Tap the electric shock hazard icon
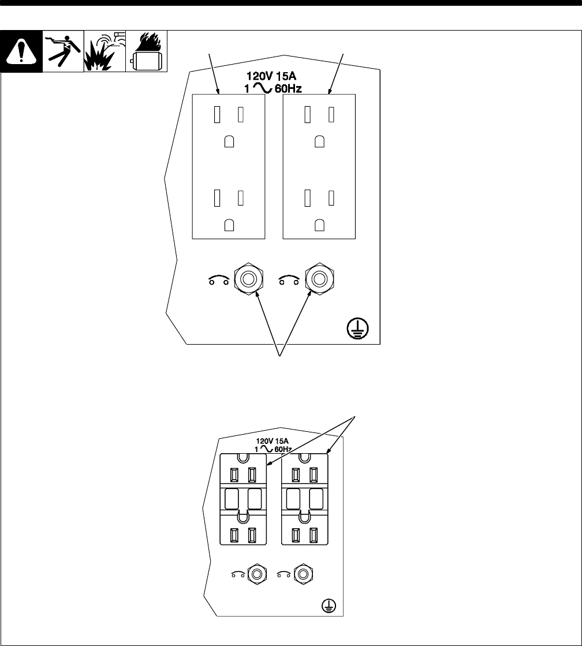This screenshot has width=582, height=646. pyautogui.click(x=63, y=51)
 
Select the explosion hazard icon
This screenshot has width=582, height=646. pyautogui.click(x=105, y=51)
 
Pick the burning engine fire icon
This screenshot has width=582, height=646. pyautogui.click(x=146, y=51)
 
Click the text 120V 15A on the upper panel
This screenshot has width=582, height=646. pyautogui.click(x=271, y=76)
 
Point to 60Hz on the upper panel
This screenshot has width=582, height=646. pyautogui.click(x=288, y=88)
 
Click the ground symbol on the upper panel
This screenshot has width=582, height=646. pyautogui.click(x=358, y=329)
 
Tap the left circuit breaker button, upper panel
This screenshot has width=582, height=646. pyautogui.click(x=248, y=279)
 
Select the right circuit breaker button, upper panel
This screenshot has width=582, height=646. pyautogui.click(x=319, y=279)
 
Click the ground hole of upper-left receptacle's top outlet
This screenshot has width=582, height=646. pyautogui.click(x=229, y=141)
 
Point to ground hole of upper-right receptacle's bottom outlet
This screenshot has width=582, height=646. pyautogui.click(x=319, y=225)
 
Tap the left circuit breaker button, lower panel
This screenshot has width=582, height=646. pyautogui.click(x=257, y=574)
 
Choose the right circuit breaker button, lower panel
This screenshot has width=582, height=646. pyautogui.click(x=303, y=574)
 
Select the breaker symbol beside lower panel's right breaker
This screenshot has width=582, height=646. pyautogui.click(x=283, y=574)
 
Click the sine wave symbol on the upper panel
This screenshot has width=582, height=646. pyautogui.click(x=262, y=88)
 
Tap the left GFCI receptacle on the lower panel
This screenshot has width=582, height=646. pyautogui.click(x=243, y=499)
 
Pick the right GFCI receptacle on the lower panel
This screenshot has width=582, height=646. pyautogui.click(x=305, y=499)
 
